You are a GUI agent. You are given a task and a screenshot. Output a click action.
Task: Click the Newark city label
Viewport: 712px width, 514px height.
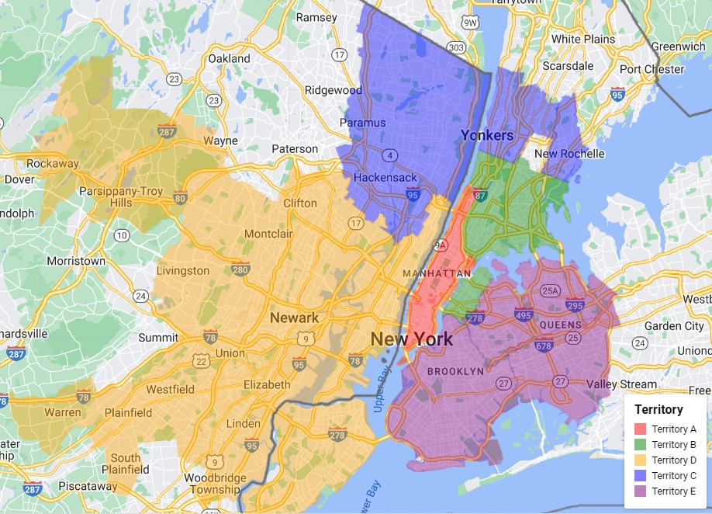(x=294, y=318)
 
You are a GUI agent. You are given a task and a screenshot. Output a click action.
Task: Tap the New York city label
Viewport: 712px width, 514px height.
(x=411, y=339)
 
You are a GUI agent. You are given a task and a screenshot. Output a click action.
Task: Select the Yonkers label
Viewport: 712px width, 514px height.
(x=487, y=135)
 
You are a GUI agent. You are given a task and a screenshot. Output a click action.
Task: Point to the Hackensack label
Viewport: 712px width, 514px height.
(x=385, y=178)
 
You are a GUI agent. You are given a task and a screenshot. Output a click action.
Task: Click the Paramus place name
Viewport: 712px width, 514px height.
(x=362, y=123)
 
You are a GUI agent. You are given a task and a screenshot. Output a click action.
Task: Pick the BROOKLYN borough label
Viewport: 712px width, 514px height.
(x=455, y=371)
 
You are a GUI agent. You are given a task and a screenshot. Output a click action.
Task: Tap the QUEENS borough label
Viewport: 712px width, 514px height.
(x=561, y=325)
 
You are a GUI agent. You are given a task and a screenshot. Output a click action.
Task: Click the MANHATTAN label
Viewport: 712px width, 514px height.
(x=437, y=273)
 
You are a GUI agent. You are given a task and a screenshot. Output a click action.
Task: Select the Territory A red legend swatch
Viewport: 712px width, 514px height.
(x=641, y=429)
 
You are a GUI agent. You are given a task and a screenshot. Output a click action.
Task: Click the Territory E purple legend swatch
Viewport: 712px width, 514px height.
(x=641, y=491)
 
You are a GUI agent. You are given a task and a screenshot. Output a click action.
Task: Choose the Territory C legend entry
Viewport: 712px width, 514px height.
(x=673, y=475)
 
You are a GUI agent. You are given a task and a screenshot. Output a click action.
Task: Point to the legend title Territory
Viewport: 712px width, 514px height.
(x=658, y=409)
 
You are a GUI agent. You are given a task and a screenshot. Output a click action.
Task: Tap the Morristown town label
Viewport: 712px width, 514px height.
(x=76, y=261)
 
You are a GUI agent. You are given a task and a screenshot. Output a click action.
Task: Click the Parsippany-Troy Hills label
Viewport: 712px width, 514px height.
(x=122, y=197)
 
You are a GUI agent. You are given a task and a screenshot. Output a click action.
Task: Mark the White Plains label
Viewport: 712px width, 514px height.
(x=582, y=39)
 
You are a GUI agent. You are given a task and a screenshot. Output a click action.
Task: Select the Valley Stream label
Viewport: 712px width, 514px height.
(x=621, y=384)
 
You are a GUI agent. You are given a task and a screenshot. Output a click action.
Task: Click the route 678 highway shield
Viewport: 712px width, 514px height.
(x=543, y=345)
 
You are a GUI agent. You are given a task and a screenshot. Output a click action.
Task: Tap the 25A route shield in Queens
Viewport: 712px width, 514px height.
(x=550, y=291)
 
